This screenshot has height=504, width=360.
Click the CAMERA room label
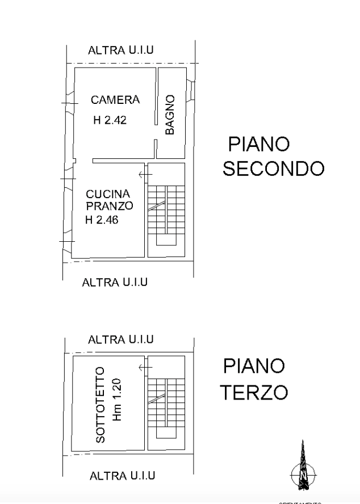pos(115,100)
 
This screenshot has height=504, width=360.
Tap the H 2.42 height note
pos(110,120)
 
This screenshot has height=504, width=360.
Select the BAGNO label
pos(170,116)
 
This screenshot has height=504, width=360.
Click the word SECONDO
pos(273,169)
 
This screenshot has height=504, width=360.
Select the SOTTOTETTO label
pos(101,404)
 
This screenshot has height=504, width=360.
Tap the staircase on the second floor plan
pos(166,213)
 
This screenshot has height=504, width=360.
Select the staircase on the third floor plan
pos(165,405)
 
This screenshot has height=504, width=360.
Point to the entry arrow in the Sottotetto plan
pos(145,368)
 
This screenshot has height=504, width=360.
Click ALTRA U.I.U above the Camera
pos(122,51)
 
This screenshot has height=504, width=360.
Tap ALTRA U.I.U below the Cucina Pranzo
pos(115,282)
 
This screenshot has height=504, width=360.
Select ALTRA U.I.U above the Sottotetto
pos(122,339)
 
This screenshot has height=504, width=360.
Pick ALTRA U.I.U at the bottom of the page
pos(123,476)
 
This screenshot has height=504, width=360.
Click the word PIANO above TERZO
pos(254,366)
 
